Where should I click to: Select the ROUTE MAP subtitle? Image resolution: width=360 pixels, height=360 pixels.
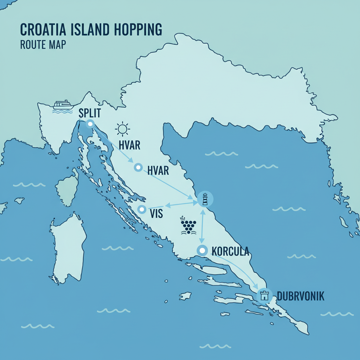pos(43,45)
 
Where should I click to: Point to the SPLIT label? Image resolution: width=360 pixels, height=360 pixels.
pos(90,113)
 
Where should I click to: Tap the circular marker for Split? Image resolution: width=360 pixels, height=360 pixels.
pos(90,123)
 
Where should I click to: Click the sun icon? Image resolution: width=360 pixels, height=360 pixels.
pos(123,129)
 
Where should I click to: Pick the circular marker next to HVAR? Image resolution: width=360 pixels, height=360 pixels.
pos(138,167)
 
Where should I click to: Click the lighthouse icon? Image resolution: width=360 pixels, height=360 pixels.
pos(205,199)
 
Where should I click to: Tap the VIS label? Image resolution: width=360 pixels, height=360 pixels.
pos(156,213)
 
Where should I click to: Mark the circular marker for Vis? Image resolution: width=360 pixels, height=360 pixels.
pos(141,210)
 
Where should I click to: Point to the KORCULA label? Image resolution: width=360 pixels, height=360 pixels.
pos(230,251)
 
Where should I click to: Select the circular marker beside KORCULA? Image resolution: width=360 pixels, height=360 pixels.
pos(202,250)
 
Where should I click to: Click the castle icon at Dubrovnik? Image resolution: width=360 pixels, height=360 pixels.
pos(264,296)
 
